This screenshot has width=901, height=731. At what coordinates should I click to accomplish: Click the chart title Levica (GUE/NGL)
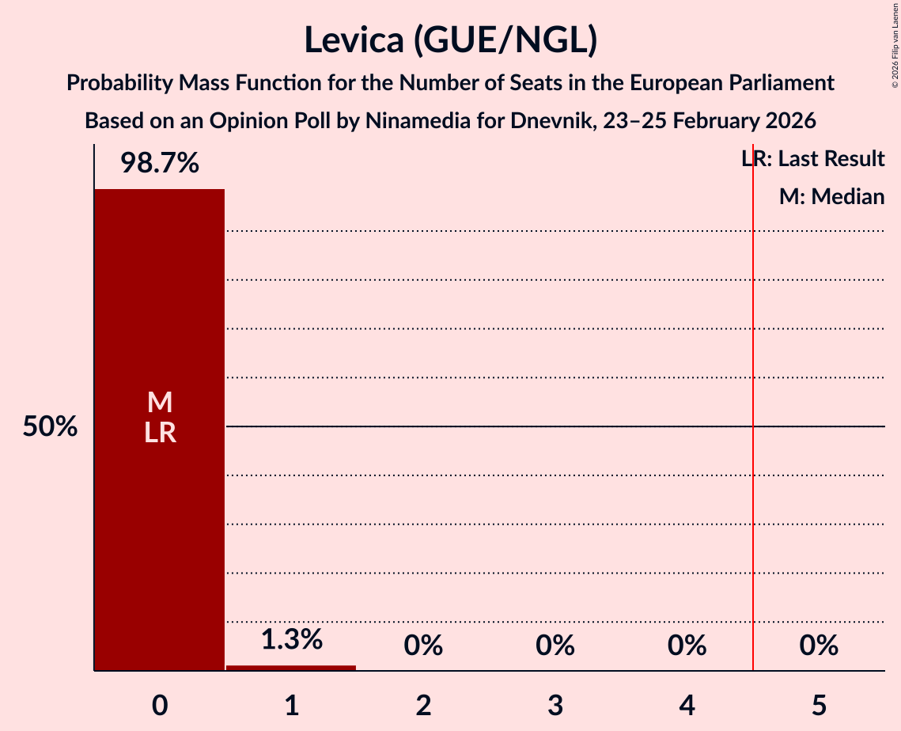450,40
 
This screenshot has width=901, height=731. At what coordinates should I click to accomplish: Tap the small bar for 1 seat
291,668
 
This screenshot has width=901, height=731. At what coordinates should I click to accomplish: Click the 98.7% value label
159,164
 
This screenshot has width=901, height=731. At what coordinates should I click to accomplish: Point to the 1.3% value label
291,639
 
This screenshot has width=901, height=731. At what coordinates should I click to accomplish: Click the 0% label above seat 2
423,646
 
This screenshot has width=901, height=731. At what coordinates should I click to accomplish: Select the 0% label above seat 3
555,646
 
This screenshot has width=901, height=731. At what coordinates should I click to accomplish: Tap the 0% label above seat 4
687,646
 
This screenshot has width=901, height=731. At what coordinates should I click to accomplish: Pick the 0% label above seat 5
819,646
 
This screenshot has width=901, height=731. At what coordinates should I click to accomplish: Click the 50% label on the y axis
50,427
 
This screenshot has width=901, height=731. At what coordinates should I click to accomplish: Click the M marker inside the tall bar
159,402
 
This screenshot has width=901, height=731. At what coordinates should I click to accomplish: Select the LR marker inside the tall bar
159,433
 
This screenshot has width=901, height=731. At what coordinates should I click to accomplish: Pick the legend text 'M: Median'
831,196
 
